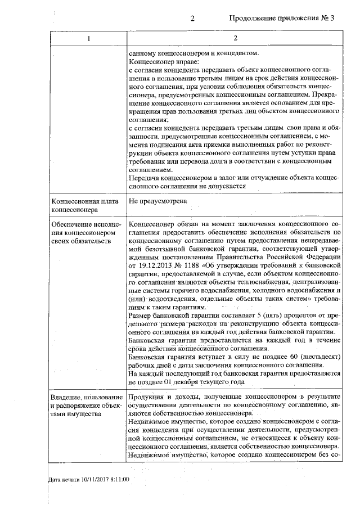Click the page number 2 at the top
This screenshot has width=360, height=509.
coord(192,18)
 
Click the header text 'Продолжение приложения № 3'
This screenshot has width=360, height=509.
coord(282,18)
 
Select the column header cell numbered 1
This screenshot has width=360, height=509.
coord(88,38)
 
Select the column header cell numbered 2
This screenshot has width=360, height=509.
coord(236,38)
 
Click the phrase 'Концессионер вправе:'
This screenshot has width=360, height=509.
coord(164,62)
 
